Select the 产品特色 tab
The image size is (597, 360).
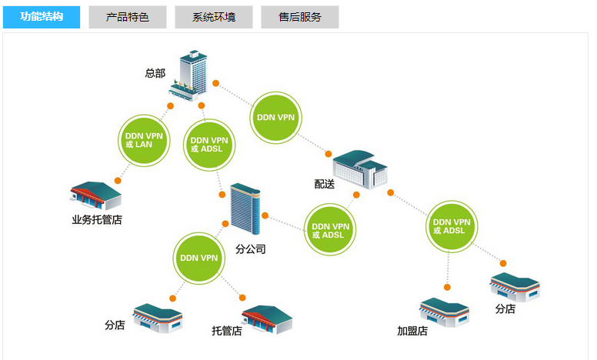[127, 16]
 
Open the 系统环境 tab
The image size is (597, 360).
[213, 16]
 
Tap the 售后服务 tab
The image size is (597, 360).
[299, 16]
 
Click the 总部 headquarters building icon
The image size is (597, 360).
[190, 74]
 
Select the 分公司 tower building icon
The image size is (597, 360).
[246, 208]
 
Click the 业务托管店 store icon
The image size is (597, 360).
[96, 197]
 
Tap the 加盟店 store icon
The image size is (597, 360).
[444, 311]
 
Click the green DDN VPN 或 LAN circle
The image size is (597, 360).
[144, 141]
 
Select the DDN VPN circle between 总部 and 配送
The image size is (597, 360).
[276, 118]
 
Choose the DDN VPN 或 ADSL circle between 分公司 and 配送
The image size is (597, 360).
[331, 230]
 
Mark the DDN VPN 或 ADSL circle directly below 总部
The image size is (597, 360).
[209, 145]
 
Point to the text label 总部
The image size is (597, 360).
[155, 74]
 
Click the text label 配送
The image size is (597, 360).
[325, 185]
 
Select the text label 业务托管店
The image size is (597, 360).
[97, 220]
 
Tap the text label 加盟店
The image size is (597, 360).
[412, 332]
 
